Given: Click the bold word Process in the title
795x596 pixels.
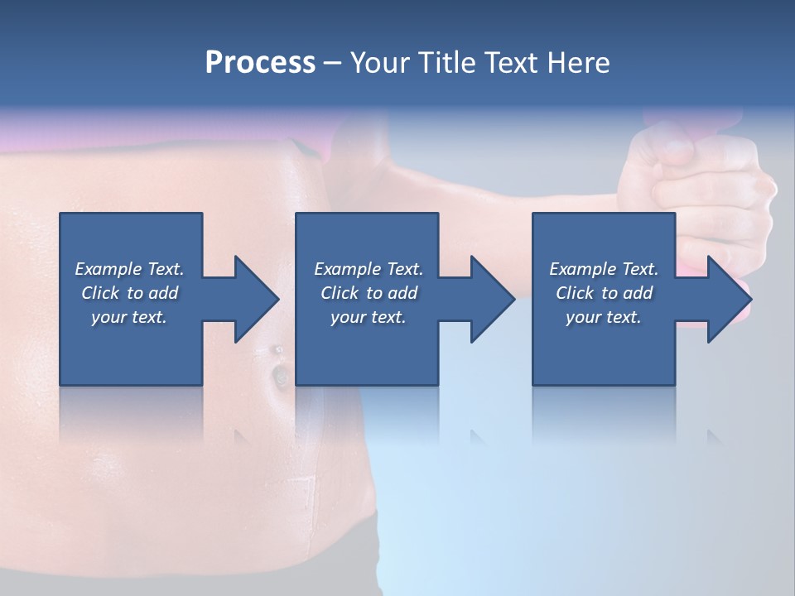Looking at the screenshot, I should (x=260, y=63).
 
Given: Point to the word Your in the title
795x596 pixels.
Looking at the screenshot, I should (x=378, y=63).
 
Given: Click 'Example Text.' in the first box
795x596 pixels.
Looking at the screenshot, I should (x=129, y=269).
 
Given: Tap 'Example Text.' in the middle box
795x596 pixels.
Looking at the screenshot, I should (x=369, y=269).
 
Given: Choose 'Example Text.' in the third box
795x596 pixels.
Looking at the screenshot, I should (x=604, y=269).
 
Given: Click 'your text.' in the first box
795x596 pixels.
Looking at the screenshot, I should (x=129, y=317).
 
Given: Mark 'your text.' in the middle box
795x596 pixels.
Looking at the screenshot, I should (x=369, y=317).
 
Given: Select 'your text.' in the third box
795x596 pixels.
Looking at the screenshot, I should (x=604, y=317).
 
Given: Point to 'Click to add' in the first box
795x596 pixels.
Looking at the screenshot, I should (x=129, y=293).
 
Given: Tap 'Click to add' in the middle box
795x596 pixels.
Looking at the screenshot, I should (x=369, y=293).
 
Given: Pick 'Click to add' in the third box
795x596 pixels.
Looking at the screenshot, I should (x=604, y=293).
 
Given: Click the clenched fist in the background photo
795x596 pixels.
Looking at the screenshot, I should (x=704, y=182).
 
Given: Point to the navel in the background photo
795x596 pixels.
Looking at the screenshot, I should (x=280, y=377).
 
